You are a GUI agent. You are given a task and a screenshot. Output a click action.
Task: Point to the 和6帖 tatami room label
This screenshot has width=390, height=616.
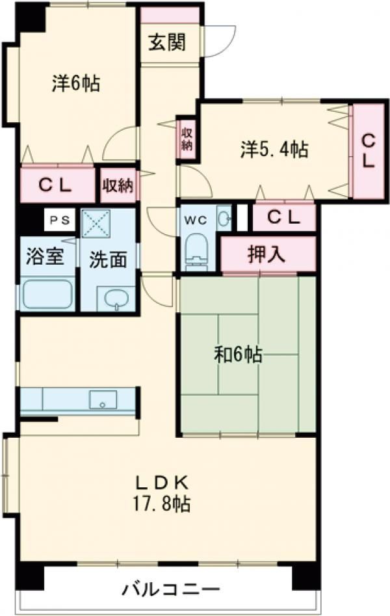coord(239,355)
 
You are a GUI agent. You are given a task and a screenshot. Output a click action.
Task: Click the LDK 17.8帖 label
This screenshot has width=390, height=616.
coord(162,492)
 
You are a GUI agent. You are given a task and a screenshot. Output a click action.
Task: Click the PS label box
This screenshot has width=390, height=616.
coord(60,220)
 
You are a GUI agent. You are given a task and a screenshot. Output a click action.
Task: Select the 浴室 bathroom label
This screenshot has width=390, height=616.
coord(45,256)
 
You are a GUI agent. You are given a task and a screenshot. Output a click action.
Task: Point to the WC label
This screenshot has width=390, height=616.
coord(197,220)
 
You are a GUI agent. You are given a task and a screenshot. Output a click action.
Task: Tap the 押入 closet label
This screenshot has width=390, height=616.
coord(266,254)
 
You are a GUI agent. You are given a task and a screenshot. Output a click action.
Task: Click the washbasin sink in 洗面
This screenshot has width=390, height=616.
coord(117,300)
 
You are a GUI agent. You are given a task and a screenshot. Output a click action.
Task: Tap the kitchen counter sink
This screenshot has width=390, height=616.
coord(103,399)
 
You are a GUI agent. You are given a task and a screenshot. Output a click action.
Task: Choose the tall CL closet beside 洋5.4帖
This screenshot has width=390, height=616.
coord(369,151)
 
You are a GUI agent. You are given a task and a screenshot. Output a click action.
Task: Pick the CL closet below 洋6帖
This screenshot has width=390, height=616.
coord(57,185)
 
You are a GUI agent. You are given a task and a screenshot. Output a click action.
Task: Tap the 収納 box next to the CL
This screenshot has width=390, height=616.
coord(118,186)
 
